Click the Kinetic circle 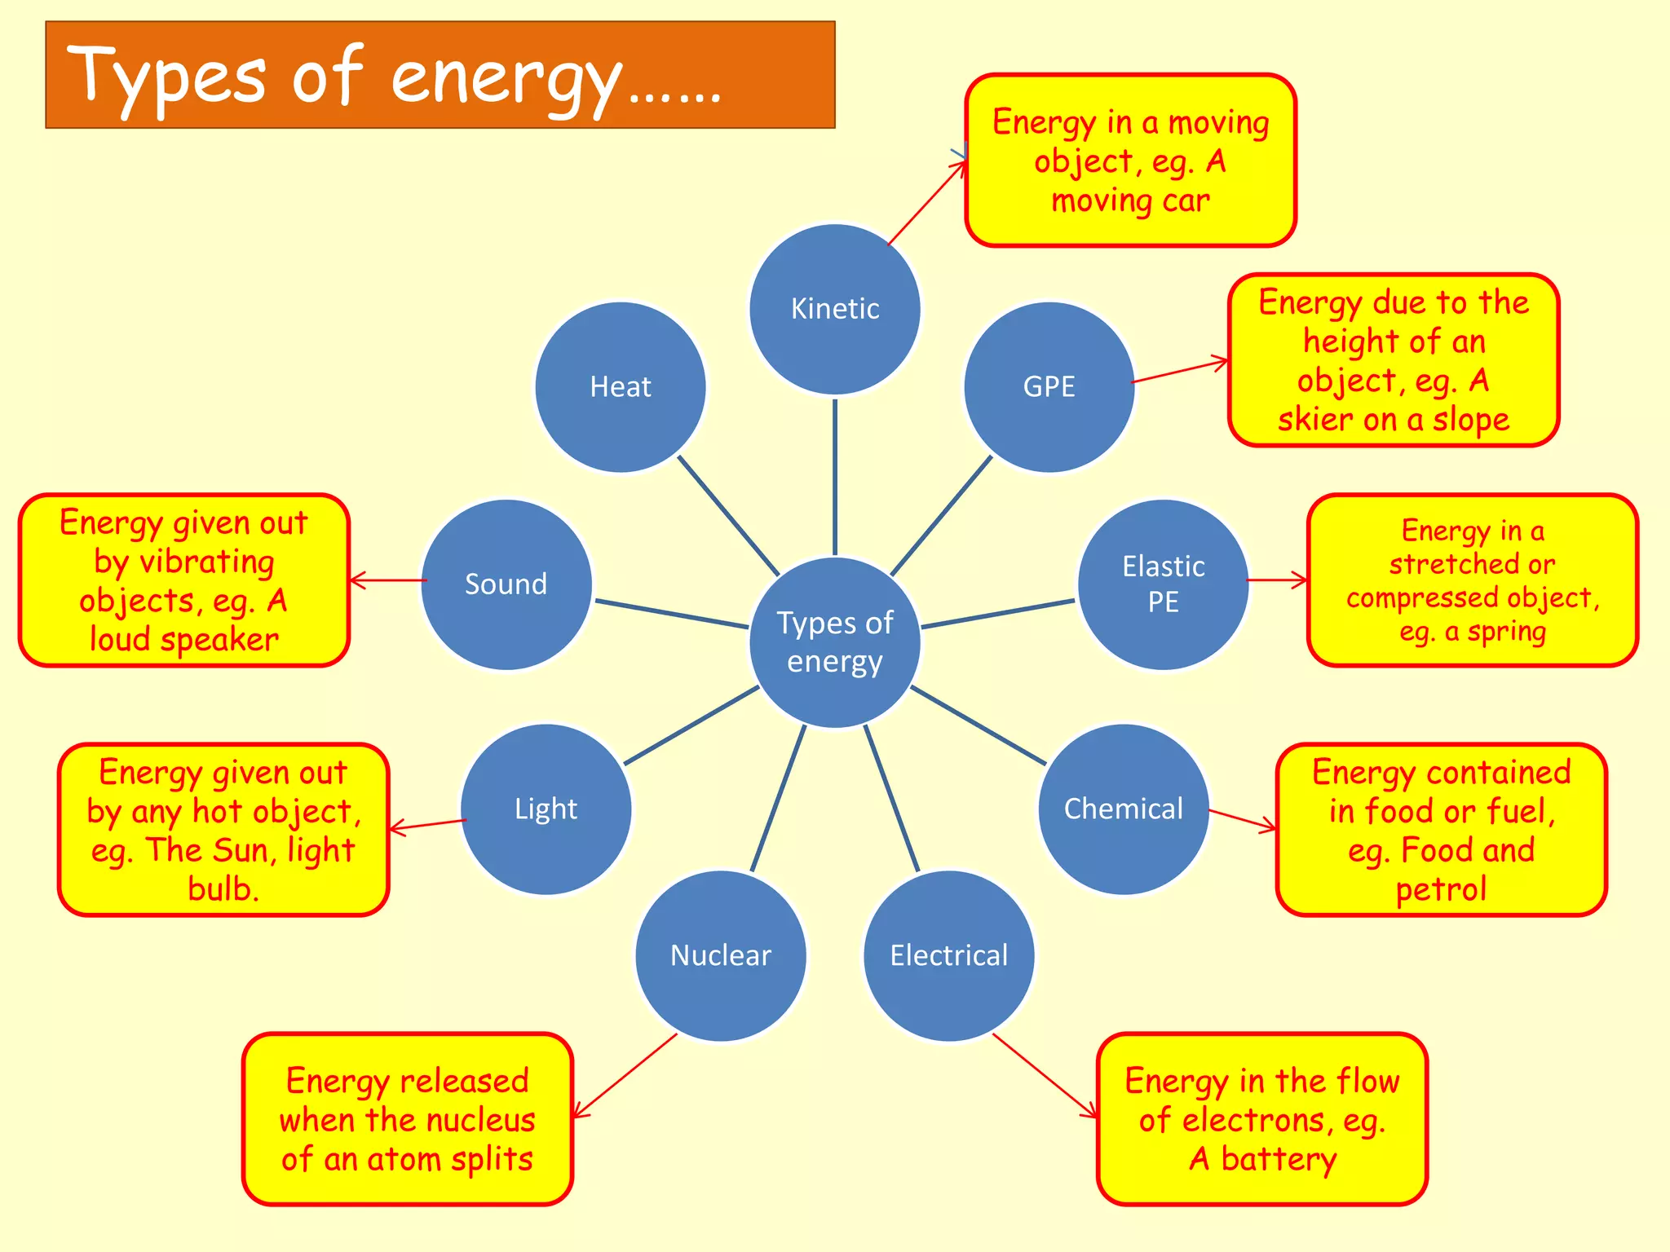(834, 309)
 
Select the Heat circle (621, 386)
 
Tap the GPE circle (1049, 386)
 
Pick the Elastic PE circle (1163, 584)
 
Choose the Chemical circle (1123, 809)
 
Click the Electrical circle (948, 954)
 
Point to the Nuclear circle (721, 954)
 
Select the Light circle (546, 809)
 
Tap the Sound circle (506, 584)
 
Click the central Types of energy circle (834, 641)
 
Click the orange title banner (440, 75)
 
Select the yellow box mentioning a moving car (1130, 161)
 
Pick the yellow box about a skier (1393, 360)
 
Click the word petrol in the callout (1441, 888)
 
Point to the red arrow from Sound (388, 580)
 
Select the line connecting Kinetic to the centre (834, 477)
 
